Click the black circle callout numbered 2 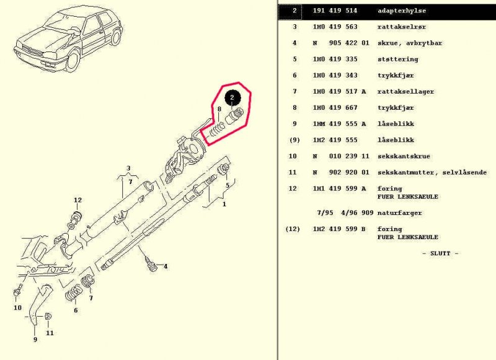pos(232,97)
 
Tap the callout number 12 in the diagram pos(77,200)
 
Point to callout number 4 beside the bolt pos(166,266)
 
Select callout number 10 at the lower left pos(17,307)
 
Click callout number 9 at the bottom pos(35,340)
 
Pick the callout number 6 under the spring pos(76,310)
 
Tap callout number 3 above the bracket pos(128,168)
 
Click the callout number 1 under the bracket pos(224,203)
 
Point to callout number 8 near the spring pos(219,110)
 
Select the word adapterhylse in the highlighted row pos(401,11)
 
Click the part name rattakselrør pos(399,27)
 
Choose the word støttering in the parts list pos(397,59)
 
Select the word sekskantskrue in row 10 pos(404,156)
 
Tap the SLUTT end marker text pos(440,253)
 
